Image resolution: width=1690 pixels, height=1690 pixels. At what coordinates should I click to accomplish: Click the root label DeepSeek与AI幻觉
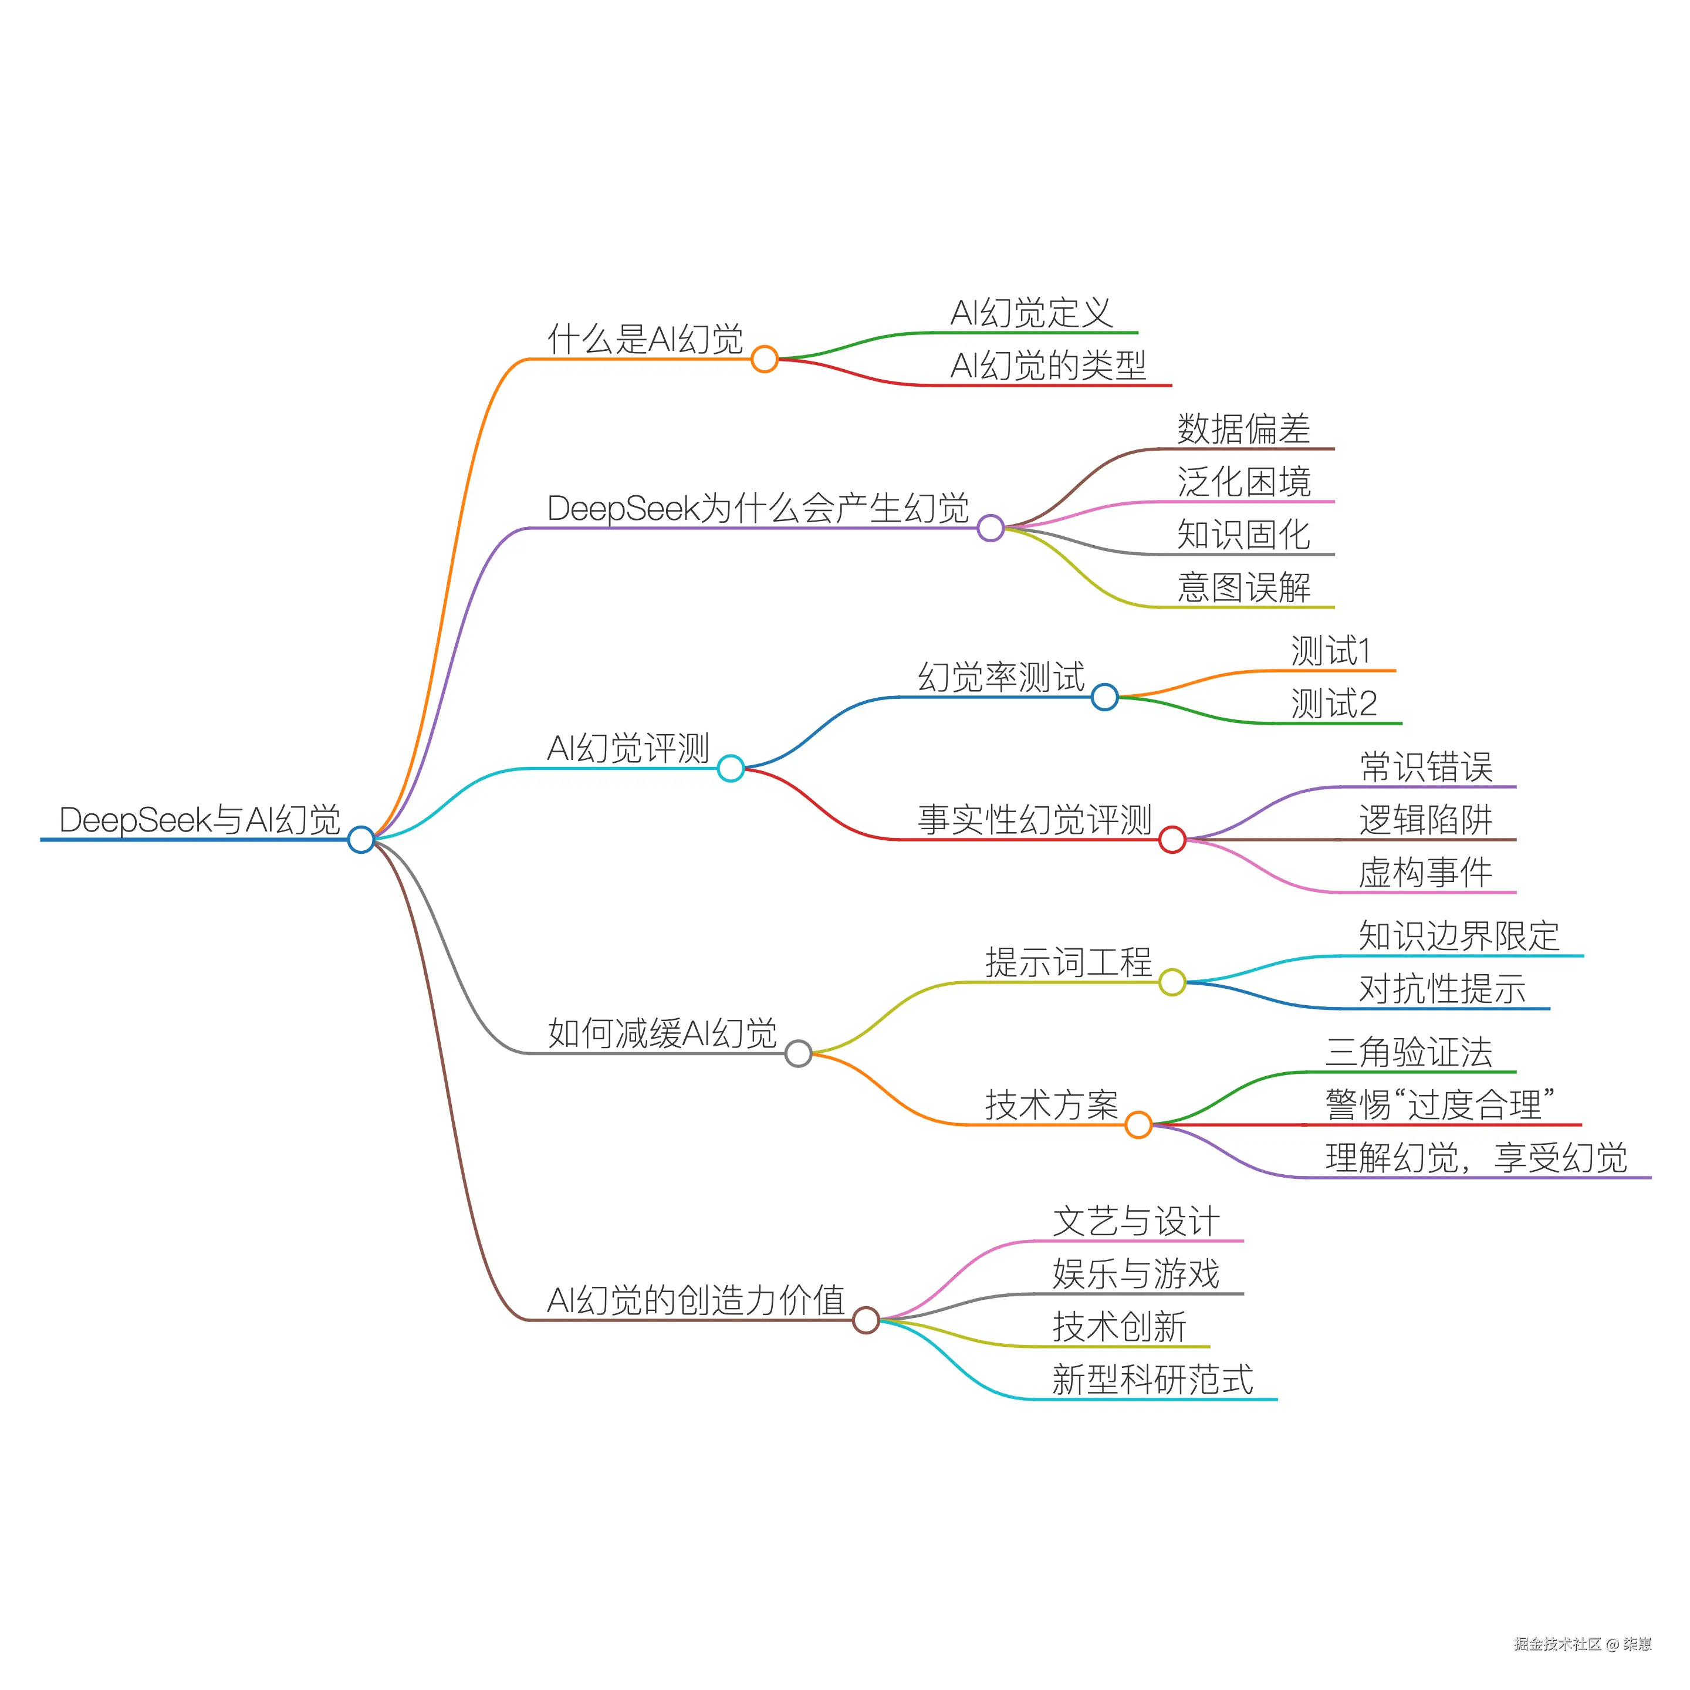tap(200, 820)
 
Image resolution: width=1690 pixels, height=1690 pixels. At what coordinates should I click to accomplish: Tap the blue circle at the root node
tap(360, 840)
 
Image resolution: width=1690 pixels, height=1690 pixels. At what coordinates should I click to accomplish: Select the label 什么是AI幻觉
tap(645, 339)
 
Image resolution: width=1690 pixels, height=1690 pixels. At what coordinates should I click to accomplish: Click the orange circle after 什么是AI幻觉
tap(765, 359)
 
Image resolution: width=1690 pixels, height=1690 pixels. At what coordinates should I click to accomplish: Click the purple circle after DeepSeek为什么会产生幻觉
tap(990, 528)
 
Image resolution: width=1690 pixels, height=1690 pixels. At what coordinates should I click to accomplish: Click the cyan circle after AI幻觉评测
tap(731, 768)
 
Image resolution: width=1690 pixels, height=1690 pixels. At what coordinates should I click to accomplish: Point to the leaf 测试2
tap(1334, 704)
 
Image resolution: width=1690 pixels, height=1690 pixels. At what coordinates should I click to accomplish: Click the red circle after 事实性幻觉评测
tap(1172, 840)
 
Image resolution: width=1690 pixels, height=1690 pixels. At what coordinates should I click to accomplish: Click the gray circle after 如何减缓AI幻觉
tap(798, 1053)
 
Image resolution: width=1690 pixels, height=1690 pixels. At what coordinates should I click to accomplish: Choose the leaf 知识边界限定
tap(1458, 936)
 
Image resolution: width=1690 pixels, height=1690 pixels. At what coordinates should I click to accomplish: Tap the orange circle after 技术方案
tap(1138, 1125)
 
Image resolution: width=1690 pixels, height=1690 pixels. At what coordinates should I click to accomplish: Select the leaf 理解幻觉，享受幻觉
tap(1476, 1158)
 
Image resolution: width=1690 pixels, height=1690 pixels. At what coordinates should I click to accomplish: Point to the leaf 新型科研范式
tap(1152, 1380)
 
